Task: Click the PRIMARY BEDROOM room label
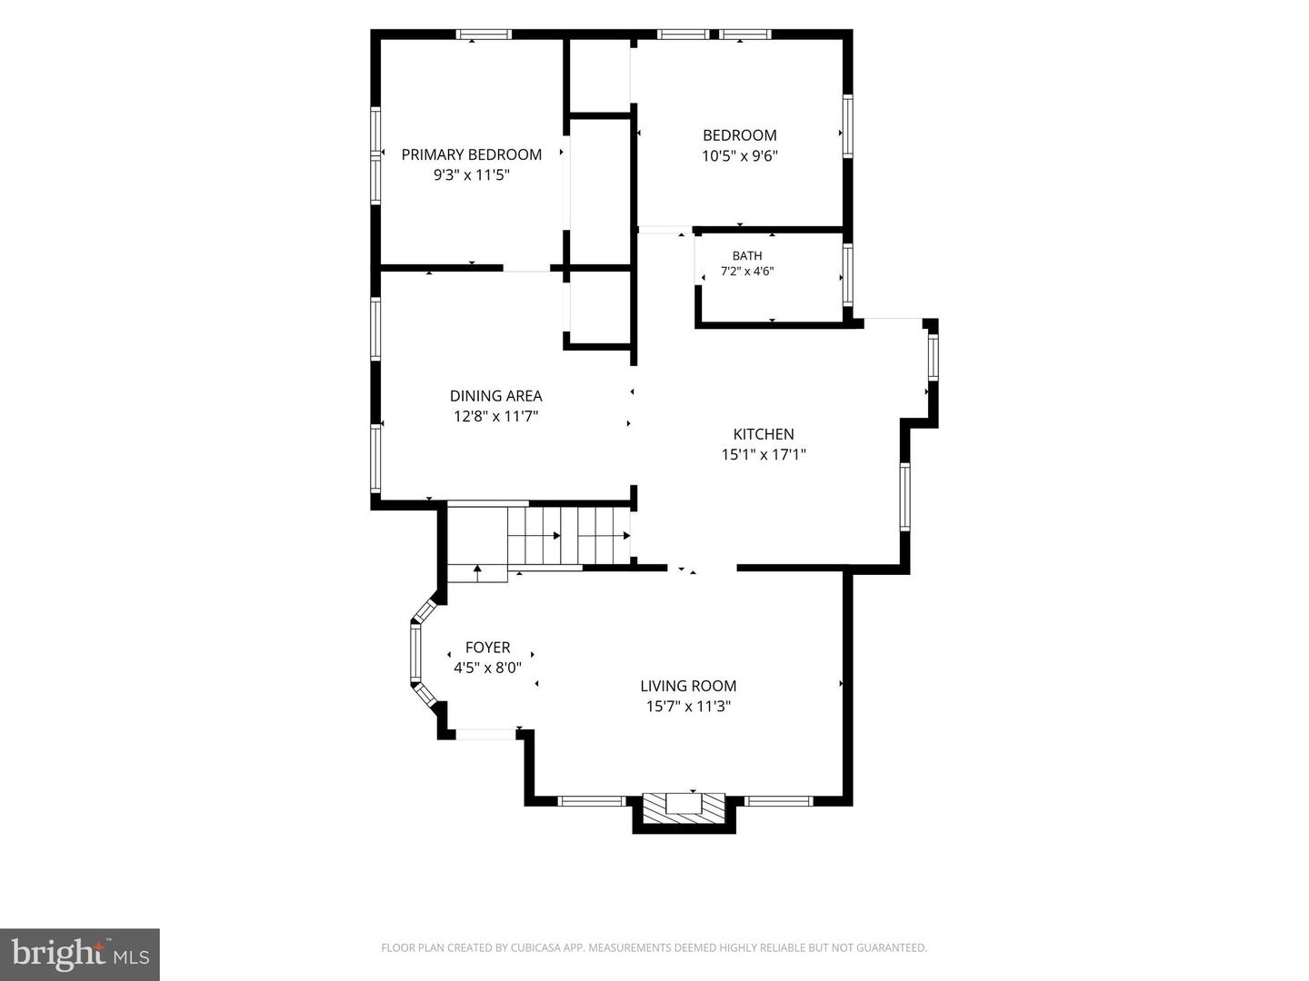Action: point(471,154)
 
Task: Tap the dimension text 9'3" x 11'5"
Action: point(471,175)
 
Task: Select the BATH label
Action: point(746,256)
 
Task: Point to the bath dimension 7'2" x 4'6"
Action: point(746,272)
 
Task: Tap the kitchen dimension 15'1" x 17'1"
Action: point(764,455)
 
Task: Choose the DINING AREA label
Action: point(495,396)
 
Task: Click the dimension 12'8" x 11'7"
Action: point(495,416)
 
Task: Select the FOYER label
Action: point(487,648)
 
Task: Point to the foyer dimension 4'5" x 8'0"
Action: point(487,668)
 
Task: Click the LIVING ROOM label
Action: point(688,686)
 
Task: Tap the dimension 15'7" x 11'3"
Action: point(688,707)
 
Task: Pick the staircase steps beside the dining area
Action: point(568,535)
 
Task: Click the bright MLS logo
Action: point(80,954)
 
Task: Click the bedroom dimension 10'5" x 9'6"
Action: point(739,156)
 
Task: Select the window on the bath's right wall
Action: point(847,274)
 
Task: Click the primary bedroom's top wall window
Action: point(484,34)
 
